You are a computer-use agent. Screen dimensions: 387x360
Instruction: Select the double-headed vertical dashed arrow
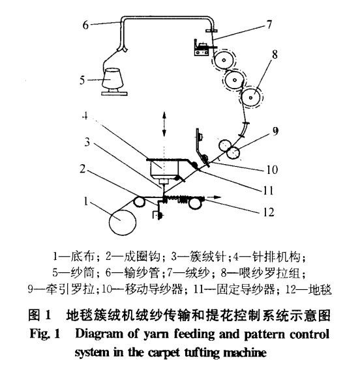(163, 122)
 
